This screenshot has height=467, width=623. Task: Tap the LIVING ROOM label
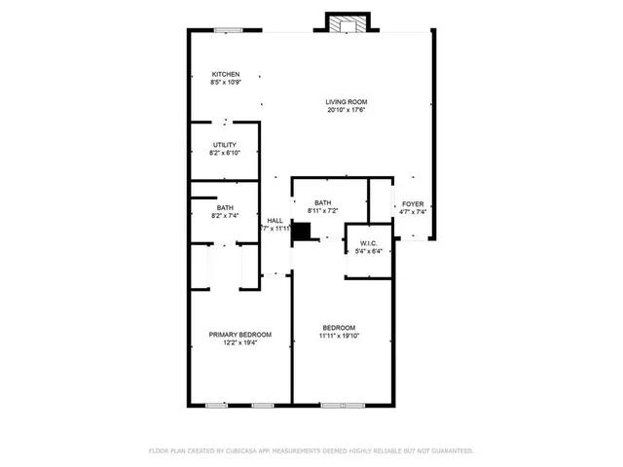click(347, 101)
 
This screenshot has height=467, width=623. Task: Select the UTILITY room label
click(225, 145)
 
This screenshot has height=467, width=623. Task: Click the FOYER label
click(414, 203)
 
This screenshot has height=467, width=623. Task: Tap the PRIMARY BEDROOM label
click(240, 335)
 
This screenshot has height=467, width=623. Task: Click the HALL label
click(275, 221)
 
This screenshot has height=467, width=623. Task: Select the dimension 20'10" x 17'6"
click(347, 110)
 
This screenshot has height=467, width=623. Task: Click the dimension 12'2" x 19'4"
click(240, 343)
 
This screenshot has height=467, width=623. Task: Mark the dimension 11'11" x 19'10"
click(339, 336)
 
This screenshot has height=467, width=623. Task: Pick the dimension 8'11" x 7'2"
click(323, 211)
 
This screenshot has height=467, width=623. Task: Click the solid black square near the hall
click(302, 231)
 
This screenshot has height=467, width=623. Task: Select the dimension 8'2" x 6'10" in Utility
click(225, 154)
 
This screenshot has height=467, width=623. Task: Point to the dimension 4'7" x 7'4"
click(414, 211)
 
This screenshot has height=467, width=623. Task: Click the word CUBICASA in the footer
click(246, 450)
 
